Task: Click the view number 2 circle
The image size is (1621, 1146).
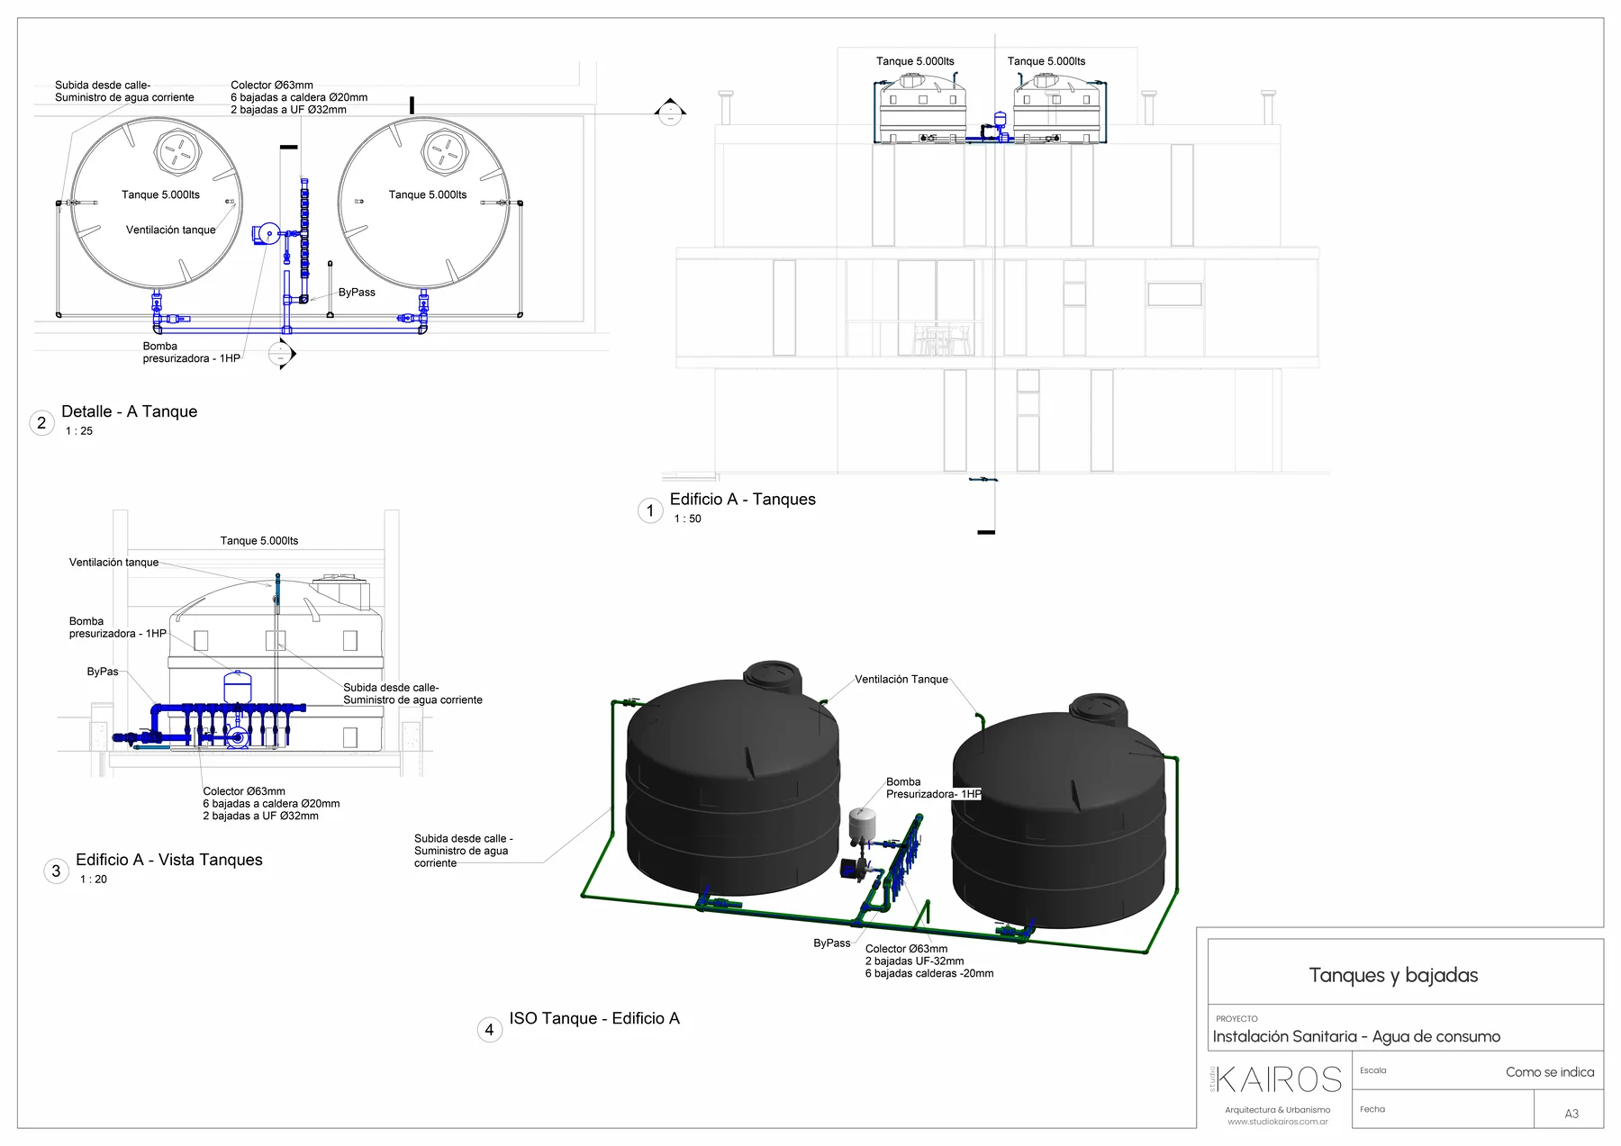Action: [41, 422]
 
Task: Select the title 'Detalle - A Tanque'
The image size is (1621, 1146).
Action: [129, 411]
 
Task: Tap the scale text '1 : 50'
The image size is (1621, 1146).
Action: [687, 519]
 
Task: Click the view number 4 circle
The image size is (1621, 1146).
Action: [489, 1030]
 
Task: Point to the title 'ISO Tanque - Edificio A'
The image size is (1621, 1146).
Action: [594, 1018]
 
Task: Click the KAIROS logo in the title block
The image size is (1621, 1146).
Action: [1280, 1079]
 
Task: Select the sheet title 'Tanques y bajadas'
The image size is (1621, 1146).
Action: [1393, 975]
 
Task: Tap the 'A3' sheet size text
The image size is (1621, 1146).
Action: [1571, 1114]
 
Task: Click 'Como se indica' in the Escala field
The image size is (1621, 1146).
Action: [1550, 1072]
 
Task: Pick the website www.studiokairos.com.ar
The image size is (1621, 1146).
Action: [1277, 1122]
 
